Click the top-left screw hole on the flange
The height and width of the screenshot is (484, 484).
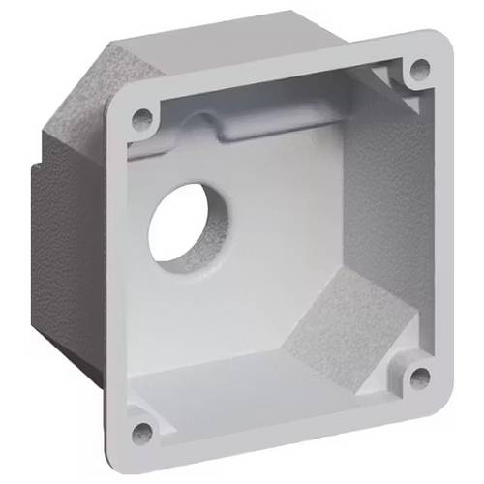coord(142,119)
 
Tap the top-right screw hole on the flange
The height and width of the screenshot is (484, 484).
coord(419,69)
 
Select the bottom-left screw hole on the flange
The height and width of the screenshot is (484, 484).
coord(142,433)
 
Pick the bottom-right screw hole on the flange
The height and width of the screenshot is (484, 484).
coord(419,377)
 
